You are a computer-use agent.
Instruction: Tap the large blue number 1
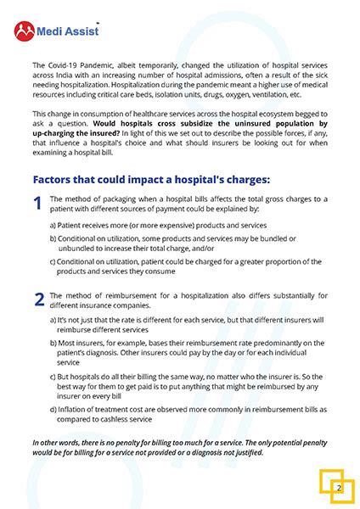tap(37, 204)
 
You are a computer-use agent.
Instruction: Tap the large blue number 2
tap(39, 299)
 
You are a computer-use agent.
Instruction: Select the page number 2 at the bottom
tap(338, 488)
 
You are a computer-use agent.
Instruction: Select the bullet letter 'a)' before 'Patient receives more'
tap(53, 225)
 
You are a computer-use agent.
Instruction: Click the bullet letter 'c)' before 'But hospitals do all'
tap(53, 374)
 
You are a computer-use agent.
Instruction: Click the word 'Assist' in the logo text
tap(82, 32)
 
